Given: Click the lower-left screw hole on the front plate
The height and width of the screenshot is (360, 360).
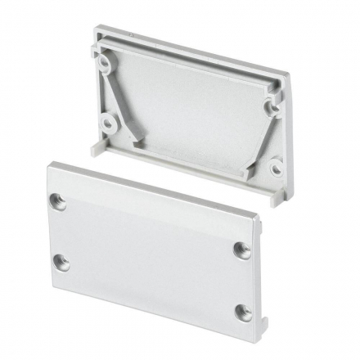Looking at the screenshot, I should click(60, 263).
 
